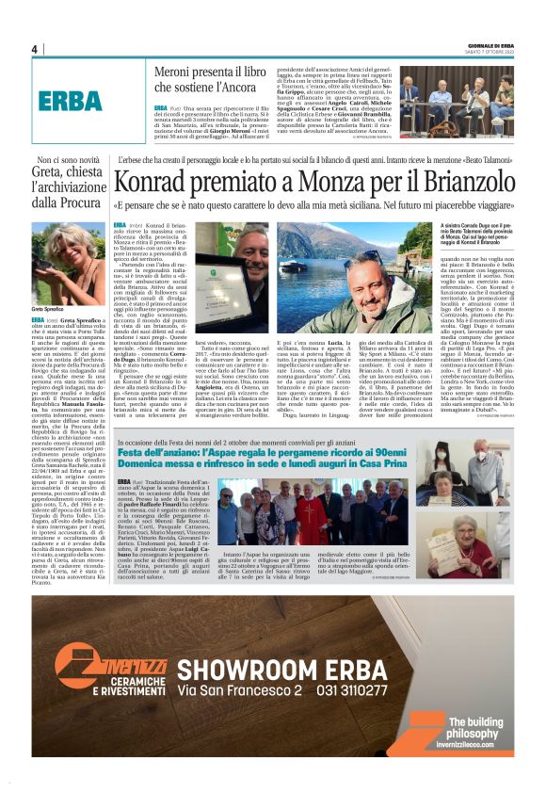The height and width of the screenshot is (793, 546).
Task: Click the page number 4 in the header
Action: pyautogui.click(x=34, y=49)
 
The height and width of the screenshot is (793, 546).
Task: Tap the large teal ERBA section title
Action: pyautogui.click(x=71, y=101)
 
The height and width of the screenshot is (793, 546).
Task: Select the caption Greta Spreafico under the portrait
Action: pyautogui.click(x=51, y=308)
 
